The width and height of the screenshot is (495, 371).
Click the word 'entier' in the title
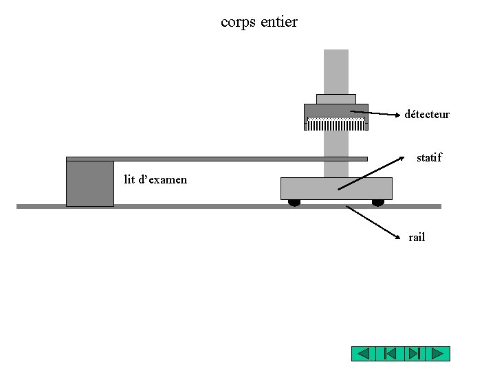pyautogui.click(x=279, y=22)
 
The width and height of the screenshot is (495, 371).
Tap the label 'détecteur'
pyautogui.click(x=427, y=114)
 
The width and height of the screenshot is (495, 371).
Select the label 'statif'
pyautogui.click(x=429, y=158)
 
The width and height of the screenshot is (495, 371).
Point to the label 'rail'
pyautogui.click(x=417, y=238)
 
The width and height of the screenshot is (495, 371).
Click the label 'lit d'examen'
pyautogui.click(x=155, y=180)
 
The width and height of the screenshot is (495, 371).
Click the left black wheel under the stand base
pyautogui.click(x=294, y=203)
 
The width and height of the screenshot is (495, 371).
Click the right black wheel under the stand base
pyautogui.click(x=378, y=203)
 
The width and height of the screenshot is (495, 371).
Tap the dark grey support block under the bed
pyautogui.click(x=90, y=183)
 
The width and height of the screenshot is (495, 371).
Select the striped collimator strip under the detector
pyautogui.click(x=335, y=124)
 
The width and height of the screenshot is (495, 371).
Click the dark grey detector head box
pyautogui.click(x=335, y=111)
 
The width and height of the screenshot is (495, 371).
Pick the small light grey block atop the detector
pyautogui.click(x=335, y=99)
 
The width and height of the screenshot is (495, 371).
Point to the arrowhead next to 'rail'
pyautogui.click(x=398, y=237)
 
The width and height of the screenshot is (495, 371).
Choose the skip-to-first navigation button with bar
pyautogui.click(x=388, y=354)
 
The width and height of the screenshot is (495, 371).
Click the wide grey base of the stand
pyautogui.click(x=336, y=188)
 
